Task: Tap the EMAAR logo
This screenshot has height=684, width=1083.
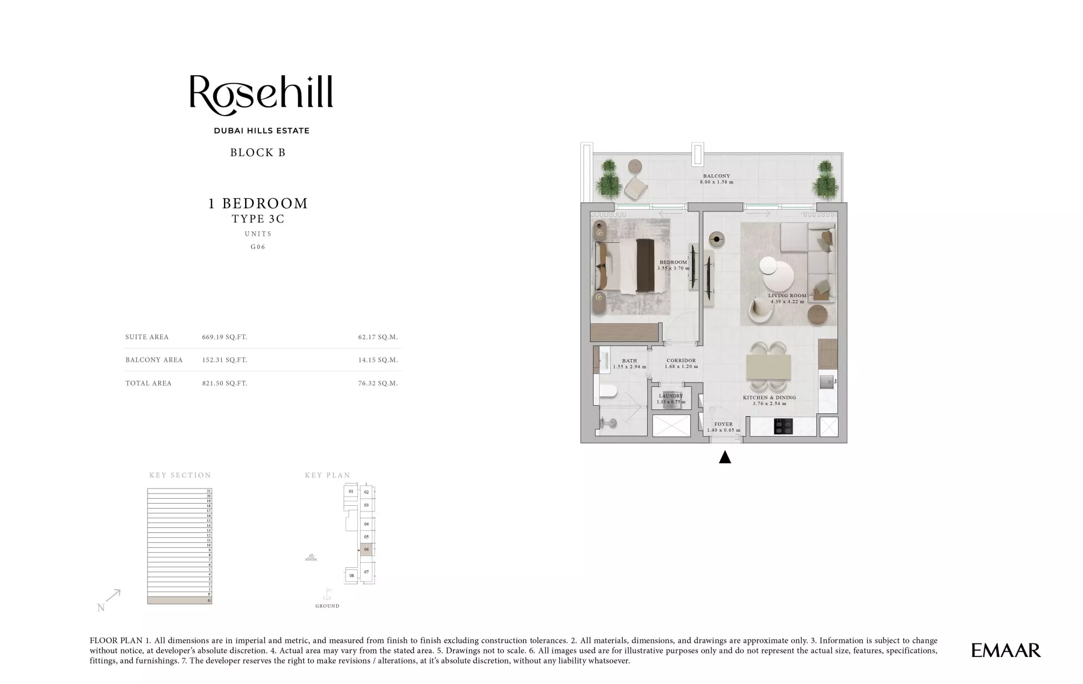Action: coord(1006,650)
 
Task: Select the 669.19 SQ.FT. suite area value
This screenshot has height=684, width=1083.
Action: coord(225,337)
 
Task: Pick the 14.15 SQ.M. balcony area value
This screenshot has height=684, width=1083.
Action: coord(378,360)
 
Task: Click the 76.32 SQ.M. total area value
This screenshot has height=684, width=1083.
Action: coord(378,383)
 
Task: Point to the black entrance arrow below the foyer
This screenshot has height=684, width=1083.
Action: coord(725,457)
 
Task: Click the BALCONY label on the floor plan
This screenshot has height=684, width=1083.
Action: coord(716,176)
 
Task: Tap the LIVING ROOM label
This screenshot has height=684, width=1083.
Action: coord(787,296)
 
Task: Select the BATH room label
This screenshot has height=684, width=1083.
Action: coord(629,361)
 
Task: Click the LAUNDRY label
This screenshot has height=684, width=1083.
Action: coord(671,396)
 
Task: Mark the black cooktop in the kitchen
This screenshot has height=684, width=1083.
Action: coord(783,426)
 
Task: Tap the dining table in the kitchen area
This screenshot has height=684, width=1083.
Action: coord(768,366)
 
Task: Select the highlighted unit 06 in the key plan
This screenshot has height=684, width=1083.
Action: coord(366,550)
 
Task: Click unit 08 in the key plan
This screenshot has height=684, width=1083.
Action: coord(352,576)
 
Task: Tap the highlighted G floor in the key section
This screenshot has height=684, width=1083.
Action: coord(179,600)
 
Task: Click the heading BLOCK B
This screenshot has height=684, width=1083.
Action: coord(258,153)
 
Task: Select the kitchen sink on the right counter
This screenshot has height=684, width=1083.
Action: coord(827,381)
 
